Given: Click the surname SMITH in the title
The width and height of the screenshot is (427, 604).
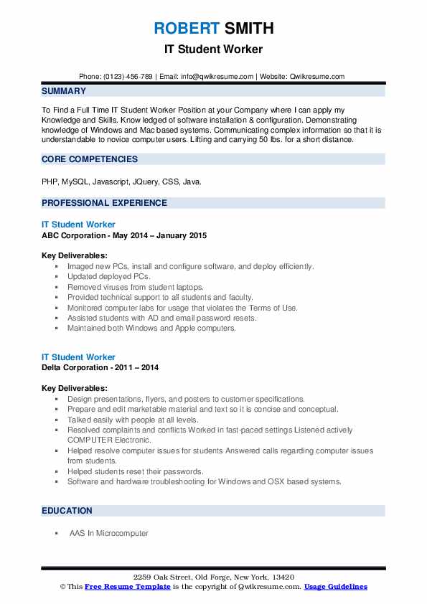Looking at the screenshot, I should pyautogui.click(x=249, y=29).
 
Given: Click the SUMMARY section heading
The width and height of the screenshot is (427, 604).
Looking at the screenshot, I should pyautogui.click(x=64, y=92).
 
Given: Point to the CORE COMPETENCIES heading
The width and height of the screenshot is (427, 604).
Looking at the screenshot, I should pyautogui.click(x=90, y=159).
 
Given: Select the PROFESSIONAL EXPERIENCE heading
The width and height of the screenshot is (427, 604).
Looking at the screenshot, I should pyautogui.click(x=104, y=203).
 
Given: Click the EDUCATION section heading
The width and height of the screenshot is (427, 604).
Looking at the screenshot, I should pyautogui.click(x=67, y=511).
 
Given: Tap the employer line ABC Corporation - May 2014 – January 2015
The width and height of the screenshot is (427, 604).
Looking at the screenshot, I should pyautogui.click(x=125, y=235).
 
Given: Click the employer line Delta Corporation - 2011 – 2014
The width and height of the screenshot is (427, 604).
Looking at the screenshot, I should pyautogui.click(x=100, y=367).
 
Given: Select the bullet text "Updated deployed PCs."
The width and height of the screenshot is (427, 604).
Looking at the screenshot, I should pyautogui.click(x=109, y=276).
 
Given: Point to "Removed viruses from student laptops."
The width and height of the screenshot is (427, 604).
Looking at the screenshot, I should pyautogui.click(x=136, y=287).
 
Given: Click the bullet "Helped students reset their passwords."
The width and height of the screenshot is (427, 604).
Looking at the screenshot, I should pyautogui.click(x=135, y=471).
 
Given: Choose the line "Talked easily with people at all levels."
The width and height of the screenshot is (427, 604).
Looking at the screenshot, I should pyautogui.click(x=133, y=420).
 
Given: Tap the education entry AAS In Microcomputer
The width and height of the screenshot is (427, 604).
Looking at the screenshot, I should pyautogui.click(x=109, y=534).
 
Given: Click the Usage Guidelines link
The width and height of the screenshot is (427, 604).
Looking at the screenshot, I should pyautogui.click(x=335, y=587).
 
